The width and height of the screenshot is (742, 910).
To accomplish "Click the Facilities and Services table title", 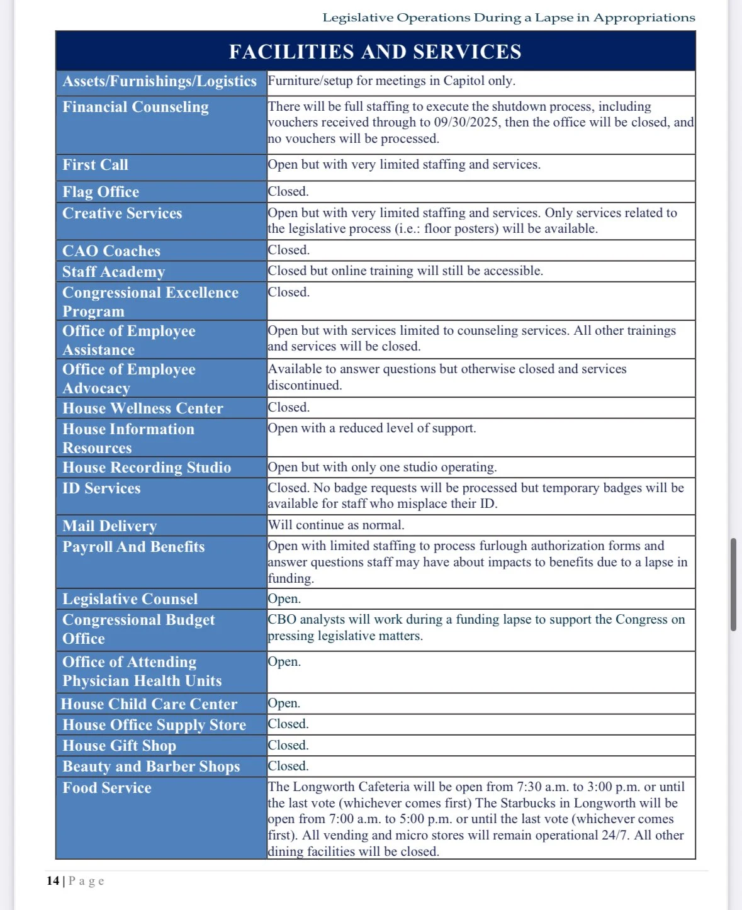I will pyautogui.click(x=375, y=52).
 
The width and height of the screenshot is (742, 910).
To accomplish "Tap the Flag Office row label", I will pyautogui.click(x=101, y=192).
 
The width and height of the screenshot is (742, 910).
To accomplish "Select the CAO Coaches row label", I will pyautogui.click(x=111, y=251).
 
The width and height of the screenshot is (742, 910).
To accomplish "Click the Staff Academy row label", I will pyautogui.click(x=113, y=272).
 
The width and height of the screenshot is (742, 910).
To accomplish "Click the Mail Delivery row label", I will pyautogui.click(x=110, y=526).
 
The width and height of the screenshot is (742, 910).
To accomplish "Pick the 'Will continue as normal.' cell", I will pyautogui.click(x=336, y=525).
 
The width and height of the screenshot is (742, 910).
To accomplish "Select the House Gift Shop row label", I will pyautogui.click(x=119, y=746).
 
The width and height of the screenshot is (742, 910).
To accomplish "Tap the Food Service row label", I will pyautogui.click(x=107, y=788).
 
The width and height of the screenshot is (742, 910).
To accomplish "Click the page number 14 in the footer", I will pyautogui.click(x=52, y=881).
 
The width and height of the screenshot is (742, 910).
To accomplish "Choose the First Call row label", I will pyautogui.click(x=95, y=165).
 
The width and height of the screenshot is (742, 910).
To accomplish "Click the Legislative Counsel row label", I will pyautogui.click(x=130, y=599).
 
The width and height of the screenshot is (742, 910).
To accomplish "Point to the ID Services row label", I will pyautogui.click(x=101, y=488).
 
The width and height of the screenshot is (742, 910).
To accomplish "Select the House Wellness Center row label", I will pyautogui.click(x=143, y=408).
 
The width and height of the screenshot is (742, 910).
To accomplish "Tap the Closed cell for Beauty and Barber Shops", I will pyautogui.click(x=288, y=766).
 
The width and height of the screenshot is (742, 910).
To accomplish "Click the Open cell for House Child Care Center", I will pyautogui.click(x=284, y=703).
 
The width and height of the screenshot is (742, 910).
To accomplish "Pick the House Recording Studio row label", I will pyautogui.click(x=147, y=468).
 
